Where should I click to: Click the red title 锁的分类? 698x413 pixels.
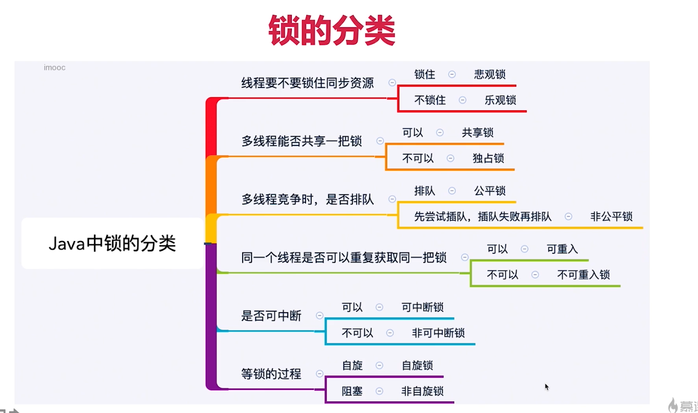332,30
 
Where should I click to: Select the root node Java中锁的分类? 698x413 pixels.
112,244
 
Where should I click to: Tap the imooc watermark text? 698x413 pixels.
55,68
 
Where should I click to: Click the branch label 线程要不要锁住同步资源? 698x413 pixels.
307,83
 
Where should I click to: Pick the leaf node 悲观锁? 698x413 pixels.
490,74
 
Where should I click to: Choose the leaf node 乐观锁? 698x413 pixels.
500,100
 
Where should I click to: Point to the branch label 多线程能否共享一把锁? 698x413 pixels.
301,141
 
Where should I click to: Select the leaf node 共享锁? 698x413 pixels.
478,133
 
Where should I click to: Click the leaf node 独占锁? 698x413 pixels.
488,158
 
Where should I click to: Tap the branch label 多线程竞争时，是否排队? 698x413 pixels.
307,200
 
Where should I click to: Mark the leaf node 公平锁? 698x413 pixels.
490,191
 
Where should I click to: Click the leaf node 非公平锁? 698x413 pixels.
611,217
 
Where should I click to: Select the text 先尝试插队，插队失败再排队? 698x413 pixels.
483,217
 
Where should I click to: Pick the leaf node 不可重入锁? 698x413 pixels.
583,275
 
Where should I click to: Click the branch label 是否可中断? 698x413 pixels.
271,316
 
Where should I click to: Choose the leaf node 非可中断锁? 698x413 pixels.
438,333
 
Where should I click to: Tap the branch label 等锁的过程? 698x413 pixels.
271,374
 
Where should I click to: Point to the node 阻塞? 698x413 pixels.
352,391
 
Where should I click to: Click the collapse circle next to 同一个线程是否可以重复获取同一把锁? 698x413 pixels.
464,258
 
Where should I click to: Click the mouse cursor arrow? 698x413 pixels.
546,386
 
